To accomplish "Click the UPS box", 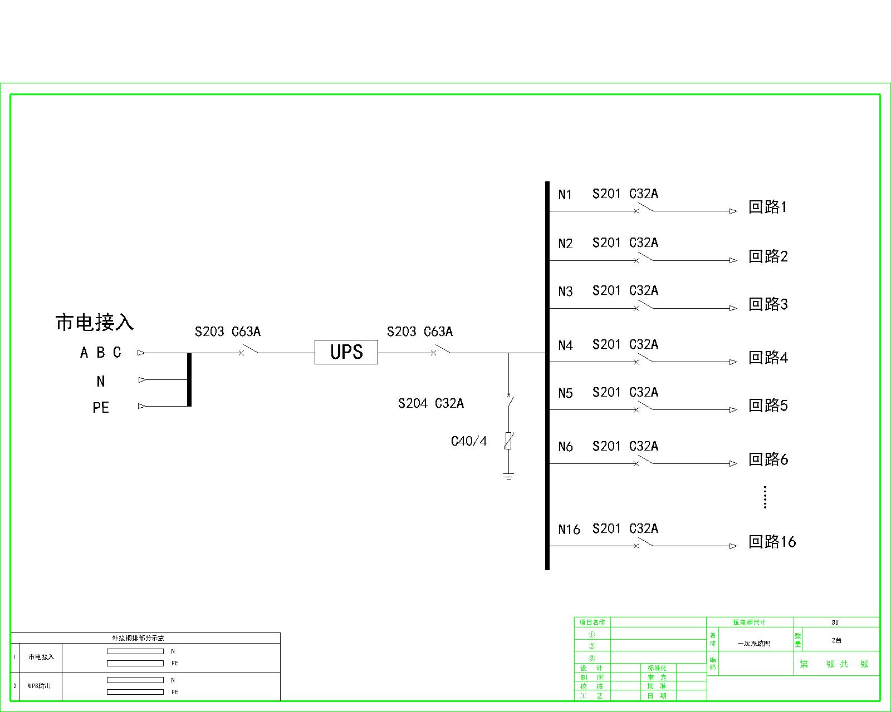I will [x=346, y=352].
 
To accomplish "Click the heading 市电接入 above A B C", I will [x=94, y=323].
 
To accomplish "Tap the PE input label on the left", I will [x=101, y=408].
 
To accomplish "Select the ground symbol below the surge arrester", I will [x=508, y=476].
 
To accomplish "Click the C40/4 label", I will [x=469, y=442].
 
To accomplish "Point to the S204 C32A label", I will [x=430, y=403].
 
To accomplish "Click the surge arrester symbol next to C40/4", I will [x=508, y=441].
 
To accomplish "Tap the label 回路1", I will [x=767, y=207].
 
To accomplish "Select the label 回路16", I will [x=772, y=542].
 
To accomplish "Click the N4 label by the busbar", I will [x=565, y=346].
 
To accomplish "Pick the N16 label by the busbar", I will [x=569, y=530].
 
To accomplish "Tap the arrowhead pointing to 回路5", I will [x=733, y=410].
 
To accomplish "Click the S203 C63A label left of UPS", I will [x=227, y=332].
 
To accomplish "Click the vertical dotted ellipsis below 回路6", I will [x=765, y=497].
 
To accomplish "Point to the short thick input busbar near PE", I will [x=189, y=379].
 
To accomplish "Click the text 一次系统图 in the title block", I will [x=753, y=644].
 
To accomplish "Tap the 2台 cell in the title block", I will [x=836, y=640].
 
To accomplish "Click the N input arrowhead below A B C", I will [x=142, y=380].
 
